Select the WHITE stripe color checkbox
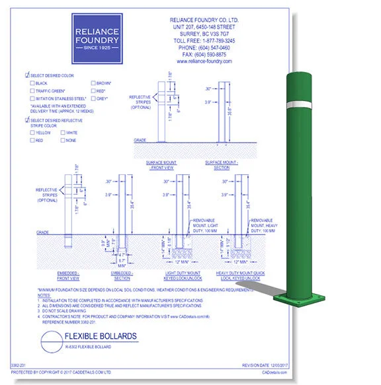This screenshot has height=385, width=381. (x=63, y=133)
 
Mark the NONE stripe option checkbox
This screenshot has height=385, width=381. (x=63, y=140)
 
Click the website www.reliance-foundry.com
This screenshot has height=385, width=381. (x=204, y=61)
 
